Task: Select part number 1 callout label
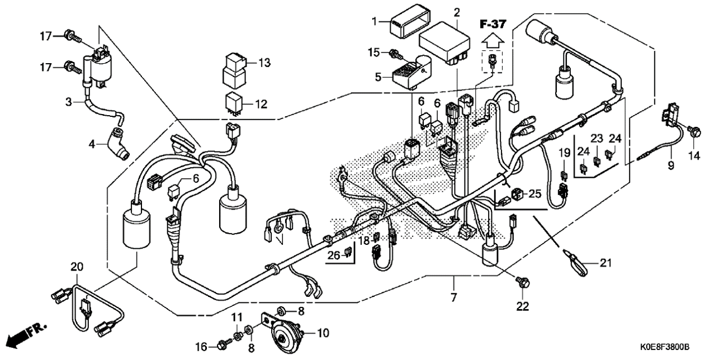tap(375, 22)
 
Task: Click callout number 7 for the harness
tap(453, 297)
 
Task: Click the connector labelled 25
tap(517, 194)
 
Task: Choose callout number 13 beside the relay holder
tap(264, 63)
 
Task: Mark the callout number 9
tap(671, 165)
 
